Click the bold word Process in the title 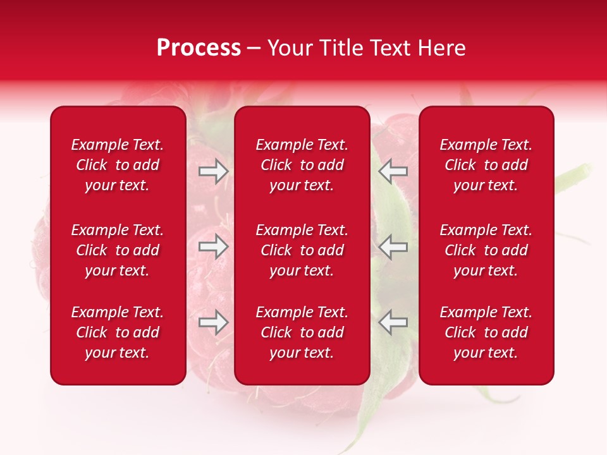[199, 48]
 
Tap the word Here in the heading [442, 48]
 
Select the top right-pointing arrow [214, 171]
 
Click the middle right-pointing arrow [214, 246]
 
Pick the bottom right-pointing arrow [214, 322]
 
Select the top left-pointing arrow [393, 171]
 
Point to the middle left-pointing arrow [393, 246]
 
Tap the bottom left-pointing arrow [393, 322]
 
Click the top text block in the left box [118, 165]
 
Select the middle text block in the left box [118, 250]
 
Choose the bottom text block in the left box [118, 332]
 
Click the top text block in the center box [302, 165]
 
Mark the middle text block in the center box [302, 250]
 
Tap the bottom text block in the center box [302, 332]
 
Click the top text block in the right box [486, 165]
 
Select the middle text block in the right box [486, 250]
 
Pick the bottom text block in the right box [486, 332]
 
